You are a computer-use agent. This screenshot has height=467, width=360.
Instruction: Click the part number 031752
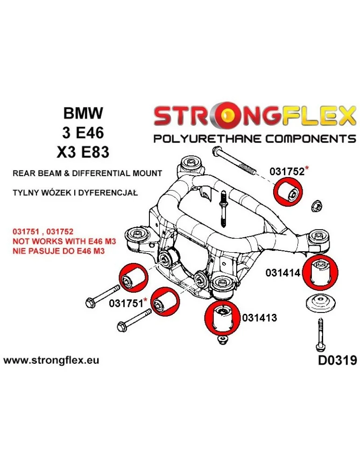287,172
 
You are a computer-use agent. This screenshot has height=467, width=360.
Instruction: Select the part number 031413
260,318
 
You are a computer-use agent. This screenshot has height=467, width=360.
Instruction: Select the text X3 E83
83,153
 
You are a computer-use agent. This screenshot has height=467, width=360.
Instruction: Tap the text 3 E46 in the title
83,133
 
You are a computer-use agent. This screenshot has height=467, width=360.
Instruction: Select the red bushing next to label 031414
320,271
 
